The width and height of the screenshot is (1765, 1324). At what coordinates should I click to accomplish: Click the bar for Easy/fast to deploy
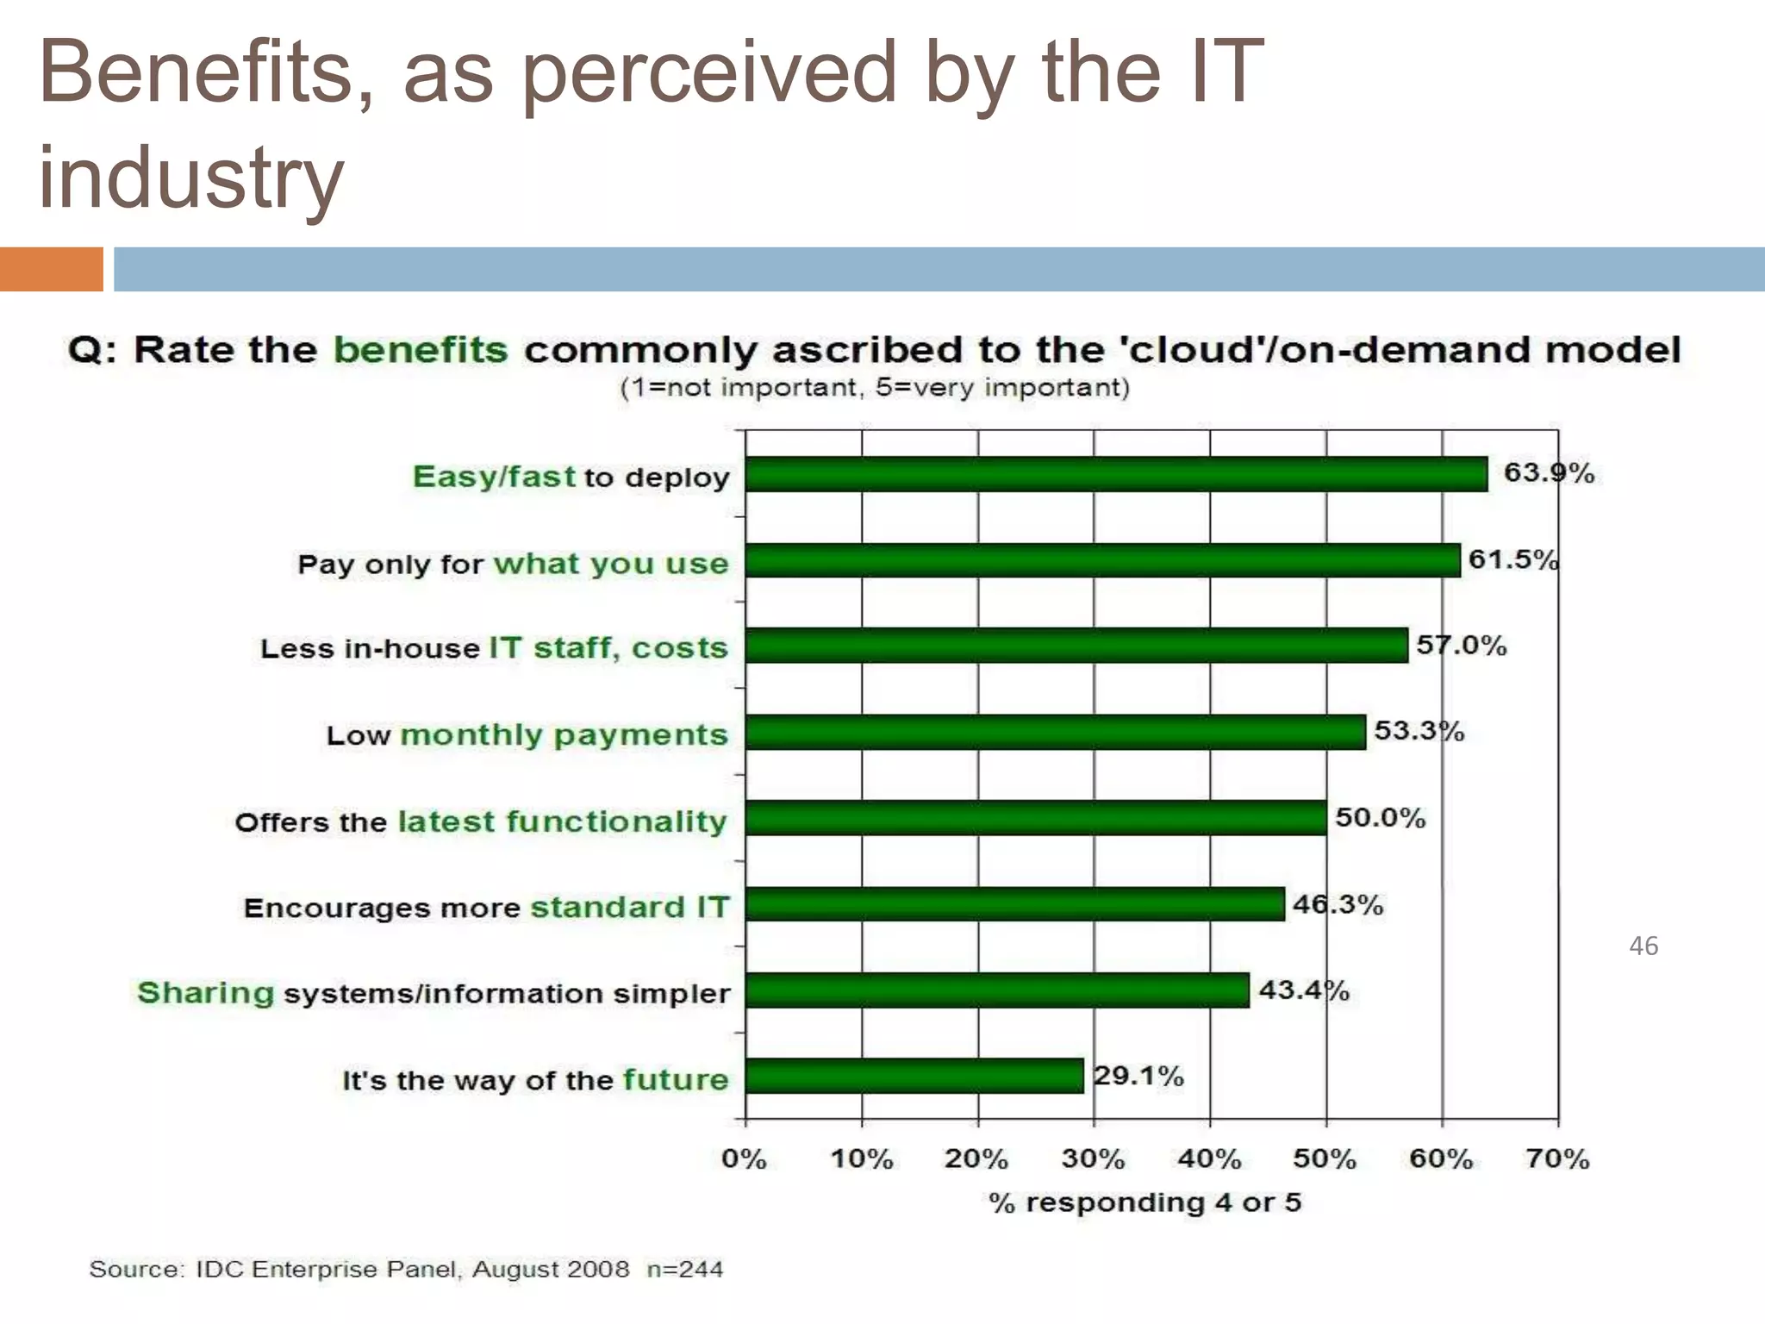[x=1116, y=474]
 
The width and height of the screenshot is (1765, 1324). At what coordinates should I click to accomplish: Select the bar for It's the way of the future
[x=914, y=1076]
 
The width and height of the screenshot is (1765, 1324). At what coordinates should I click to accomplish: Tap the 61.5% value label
[x=1513, y=559]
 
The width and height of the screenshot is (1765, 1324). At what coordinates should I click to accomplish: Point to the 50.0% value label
[x=1380, y=817]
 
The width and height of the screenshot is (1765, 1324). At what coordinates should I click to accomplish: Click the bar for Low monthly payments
[x=1055, y=732]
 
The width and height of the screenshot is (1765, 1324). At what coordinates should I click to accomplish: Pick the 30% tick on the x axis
[x=1093, y=1158]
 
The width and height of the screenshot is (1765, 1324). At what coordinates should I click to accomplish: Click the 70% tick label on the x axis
[x=1556, y=1158]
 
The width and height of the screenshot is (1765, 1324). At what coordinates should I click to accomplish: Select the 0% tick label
[x=744, y=1158]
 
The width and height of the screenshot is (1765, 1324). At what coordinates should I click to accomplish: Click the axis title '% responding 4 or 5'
[x=1144, y=1202]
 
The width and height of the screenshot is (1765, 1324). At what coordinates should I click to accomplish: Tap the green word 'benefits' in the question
[x=421, y=350]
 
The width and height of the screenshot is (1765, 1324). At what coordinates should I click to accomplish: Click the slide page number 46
[x=1643, y=946]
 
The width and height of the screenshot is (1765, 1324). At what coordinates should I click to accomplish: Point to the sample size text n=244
[x=684, y=1269]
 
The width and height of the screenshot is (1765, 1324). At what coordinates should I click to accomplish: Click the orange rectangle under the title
[x=51, y=269]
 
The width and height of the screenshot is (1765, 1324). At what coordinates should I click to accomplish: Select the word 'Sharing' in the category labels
[x=205, y=992]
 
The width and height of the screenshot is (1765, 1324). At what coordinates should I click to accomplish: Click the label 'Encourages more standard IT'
[x=486, y=907]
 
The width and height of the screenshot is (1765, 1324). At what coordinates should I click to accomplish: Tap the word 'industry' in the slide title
[x=191, y=177]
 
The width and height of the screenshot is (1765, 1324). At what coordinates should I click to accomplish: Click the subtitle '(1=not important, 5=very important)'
[x=874, y=387]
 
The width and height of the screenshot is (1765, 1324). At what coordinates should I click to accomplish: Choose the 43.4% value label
[x=1303, y=990]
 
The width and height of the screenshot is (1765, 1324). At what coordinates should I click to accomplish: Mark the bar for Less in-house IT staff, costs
[x=1076, y=646]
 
